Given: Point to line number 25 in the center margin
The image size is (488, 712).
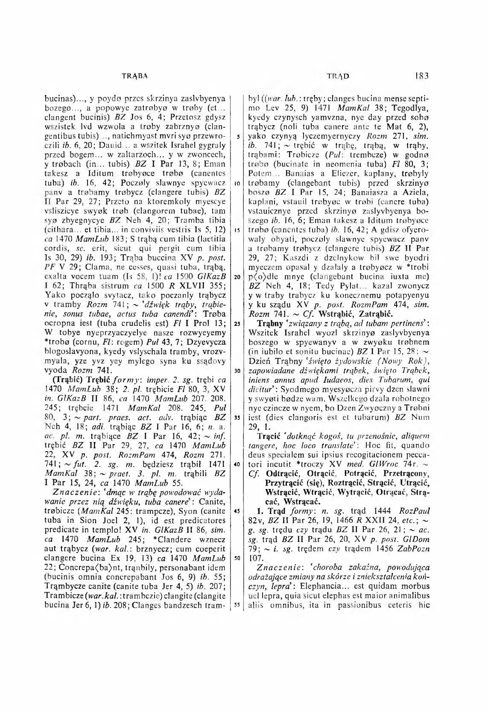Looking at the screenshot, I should point(236,323).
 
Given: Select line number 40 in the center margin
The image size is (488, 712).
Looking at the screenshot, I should point(236,464).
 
